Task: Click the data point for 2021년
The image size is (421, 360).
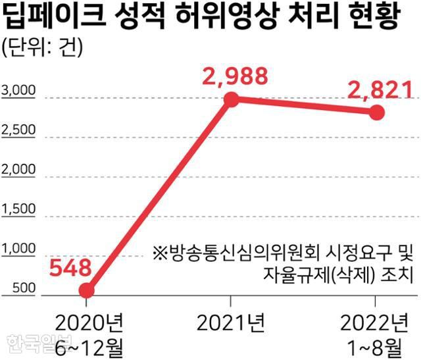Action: coord(231,99)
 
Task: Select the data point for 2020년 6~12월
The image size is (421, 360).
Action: coord(86,290)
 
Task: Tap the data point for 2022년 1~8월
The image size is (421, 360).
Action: coord(376,113)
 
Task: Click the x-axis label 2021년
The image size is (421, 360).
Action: coord(231,322)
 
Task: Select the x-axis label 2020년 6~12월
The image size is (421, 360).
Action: coord(87,333)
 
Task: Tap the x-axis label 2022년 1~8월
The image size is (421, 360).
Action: coord(375,333)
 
